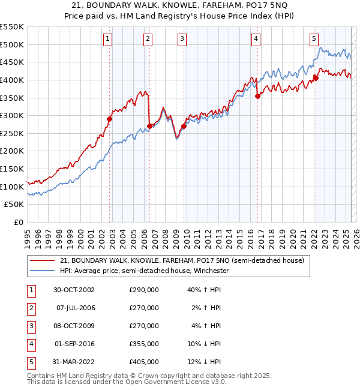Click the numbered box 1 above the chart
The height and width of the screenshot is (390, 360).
click(x=107, y=39)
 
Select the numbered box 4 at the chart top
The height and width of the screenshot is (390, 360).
click(x=256, y=39)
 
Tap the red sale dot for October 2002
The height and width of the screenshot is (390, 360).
click(x=110, y=119)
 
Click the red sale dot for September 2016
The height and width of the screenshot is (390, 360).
click(x=257, y=96)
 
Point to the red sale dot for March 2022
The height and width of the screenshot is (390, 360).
click(x=316, y=78)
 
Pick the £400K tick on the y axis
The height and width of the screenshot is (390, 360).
click(x=12, y=80)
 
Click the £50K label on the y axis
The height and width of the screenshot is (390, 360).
click(x=14, y=205)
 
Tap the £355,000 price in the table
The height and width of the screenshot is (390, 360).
click(x=144, y=344)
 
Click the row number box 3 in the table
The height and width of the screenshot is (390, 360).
click(x=30, y=326)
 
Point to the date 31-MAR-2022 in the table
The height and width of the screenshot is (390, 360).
click(x=73, y=362)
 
